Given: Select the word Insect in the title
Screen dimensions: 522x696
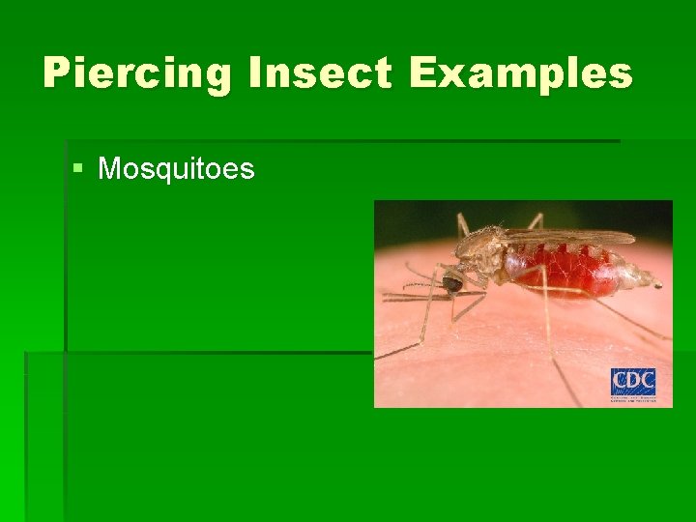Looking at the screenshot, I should [x=303, y=73].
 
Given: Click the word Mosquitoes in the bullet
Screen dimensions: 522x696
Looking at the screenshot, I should [x=177, y=170].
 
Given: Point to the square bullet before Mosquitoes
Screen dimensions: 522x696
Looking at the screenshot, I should [x=78, y=170].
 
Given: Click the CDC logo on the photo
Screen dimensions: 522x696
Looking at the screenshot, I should [x=633, y=385].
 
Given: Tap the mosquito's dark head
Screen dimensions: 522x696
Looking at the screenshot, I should [x=451, y=283].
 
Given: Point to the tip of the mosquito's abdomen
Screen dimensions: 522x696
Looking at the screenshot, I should [x=657, y=284].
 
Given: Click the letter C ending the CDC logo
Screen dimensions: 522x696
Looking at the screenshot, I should [x=647, y=382].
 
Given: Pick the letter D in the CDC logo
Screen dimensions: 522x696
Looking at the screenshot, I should [x=633, y=382].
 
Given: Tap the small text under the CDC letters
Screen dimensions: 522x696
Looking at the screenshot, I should [x=633, y=398].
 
